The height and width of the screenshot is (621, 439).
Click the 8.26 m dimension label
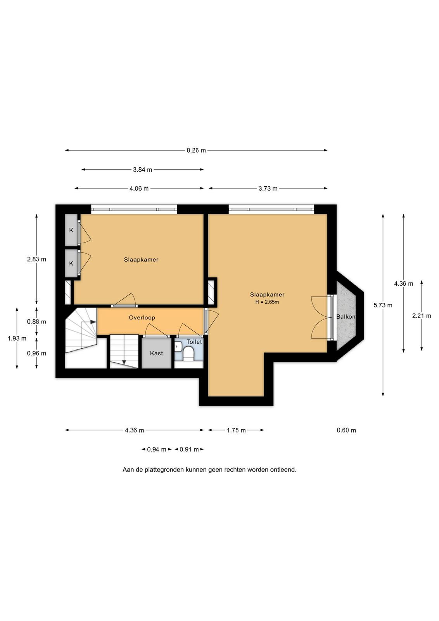coord(196,151)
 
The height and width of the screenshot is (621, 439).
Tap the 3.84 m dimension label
coord(142,170)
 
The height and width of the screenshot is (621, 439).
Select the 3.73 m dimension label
coord(268,189)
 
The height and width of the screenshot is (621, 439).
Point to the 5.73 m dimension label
coord(383,305)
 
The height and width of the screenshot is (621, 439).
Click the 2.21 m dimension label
coord(422,316)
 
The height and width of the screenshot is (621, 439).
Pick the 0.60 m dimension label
coord(346,430)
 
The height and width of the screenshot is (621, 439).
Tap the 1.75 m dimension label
coord(236,430)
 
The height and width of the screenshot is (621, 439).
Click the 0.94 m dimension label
coord(157,449)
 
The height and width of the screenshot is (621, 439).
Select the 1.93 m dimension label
coord(17,338)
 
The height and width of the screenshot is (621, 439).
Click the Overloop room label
coord(142,318)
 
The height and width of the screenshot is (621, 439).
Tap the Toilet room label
coord(194,342)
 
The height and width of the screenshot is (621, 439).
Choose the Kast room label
coord(157,353)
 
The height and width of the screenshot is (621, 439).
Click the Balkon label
coord(346,317)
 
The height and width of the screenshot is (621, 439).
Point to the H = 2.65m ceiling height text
coord(267,302)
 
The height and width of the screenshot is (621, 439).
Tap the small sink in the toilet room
coord(178,346)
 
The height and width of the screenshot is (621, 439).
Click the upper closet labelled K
coord(71,230)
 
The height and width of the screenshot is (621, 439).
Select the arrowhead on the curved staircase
coord(93,322)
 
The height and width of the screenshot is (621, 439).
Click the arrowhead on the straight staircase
coord(124,362)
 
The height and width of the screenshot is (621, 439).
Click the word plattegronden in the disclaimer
coord(164,470)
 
